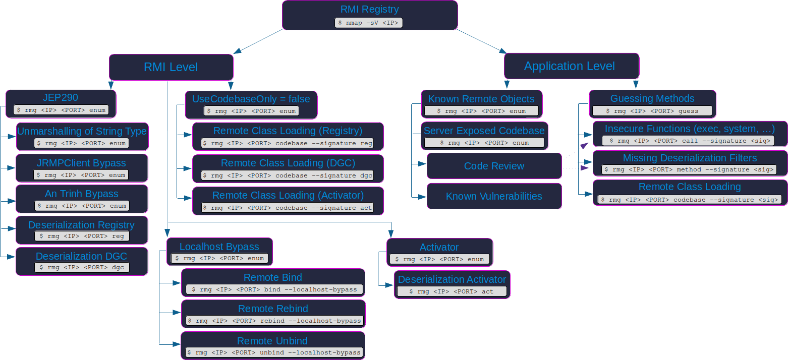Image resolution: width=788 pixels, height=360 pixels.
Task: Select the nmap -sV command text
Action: pos(369,23)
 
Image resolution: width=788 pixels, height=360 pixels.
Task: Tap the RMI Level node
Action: pos(171,67)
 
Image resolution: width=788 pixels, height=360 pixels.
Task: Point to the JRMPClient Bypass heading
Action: pos(82,163)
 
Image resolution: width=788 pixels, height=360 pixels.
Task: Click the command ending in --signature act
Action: pos(288,208)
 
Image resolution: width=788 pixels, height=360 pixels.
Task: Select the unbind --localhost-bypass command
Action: pos(273,352)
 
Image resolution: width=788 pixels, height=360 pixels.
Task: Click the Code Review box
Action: pos(494,166)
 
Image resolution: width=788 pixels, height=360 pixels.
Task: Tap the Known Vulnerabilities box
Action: pos(494,196)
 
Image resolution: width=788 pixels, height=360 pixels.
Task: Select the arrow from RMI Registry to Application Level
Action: pos(482,41)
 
